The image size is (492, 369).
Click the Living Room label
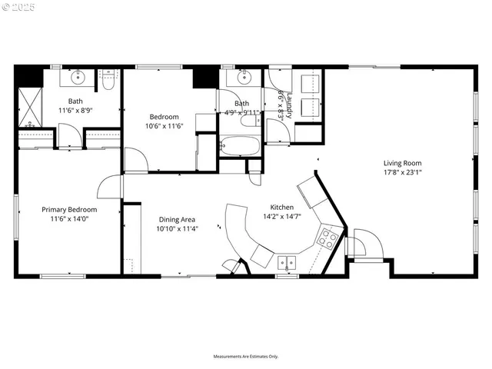(403, 163)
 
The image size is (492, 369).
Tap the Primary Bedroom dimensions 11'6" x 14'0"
(69, 219)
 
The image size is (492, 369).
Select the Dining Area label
(177, 219)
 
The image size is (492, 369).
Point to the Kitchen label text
(282, 207)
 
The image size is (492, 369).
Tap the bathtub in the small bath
(240, 145)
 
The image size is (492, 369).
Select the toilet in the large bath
(108, 78)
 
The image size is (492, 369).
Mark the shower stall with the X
(29, 107)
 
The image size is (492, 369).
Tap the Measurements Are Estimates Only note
(245, 357)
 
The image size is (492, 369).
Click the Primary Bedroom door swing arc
(109, 186)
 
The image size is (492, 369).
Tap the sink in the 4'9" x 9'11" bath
(244, 76)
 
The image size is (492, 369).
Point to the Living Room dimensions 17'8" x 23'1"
(403, 172)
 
